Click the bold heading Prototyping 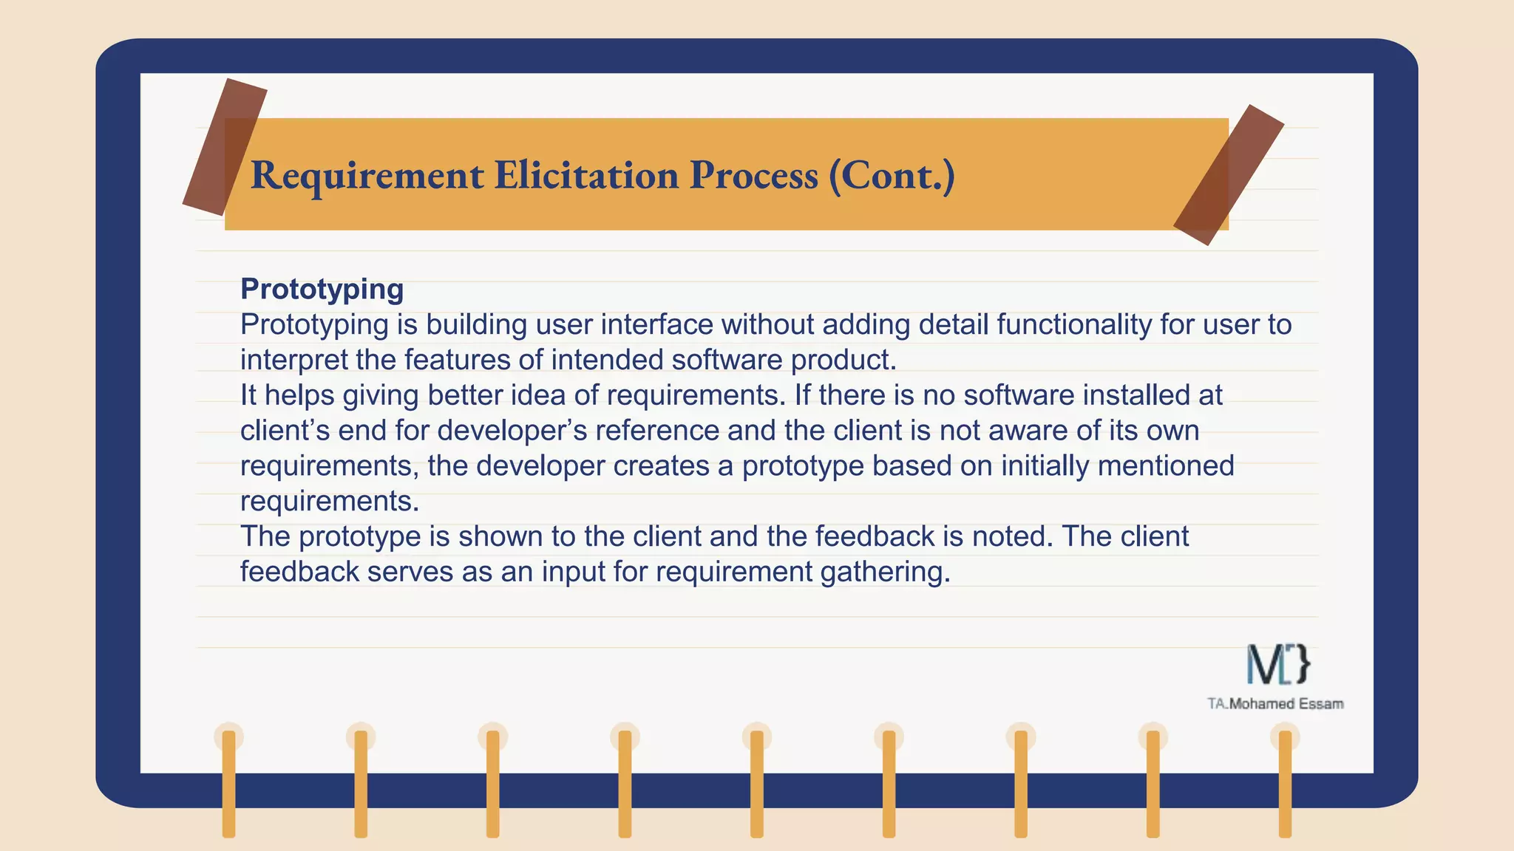pos(322,289)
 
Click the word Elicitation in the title pos(585,175)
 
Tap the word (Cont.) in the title pos(892,175)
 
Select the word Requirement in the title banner pos(367,175)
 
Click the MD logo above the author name pos(1277,663)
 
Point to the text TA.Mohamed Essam pos(1275,704)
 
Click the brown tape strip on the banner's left pos(224,146)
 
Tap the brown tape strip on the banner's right pos(1229,174)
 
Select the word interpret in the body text pos(293,360)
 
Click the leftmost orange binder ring pos(228,783)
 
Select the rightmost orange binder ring pos(1285,783)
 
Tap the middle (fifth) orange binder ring pos(756,783)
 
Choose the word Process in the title pos(753,175)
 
